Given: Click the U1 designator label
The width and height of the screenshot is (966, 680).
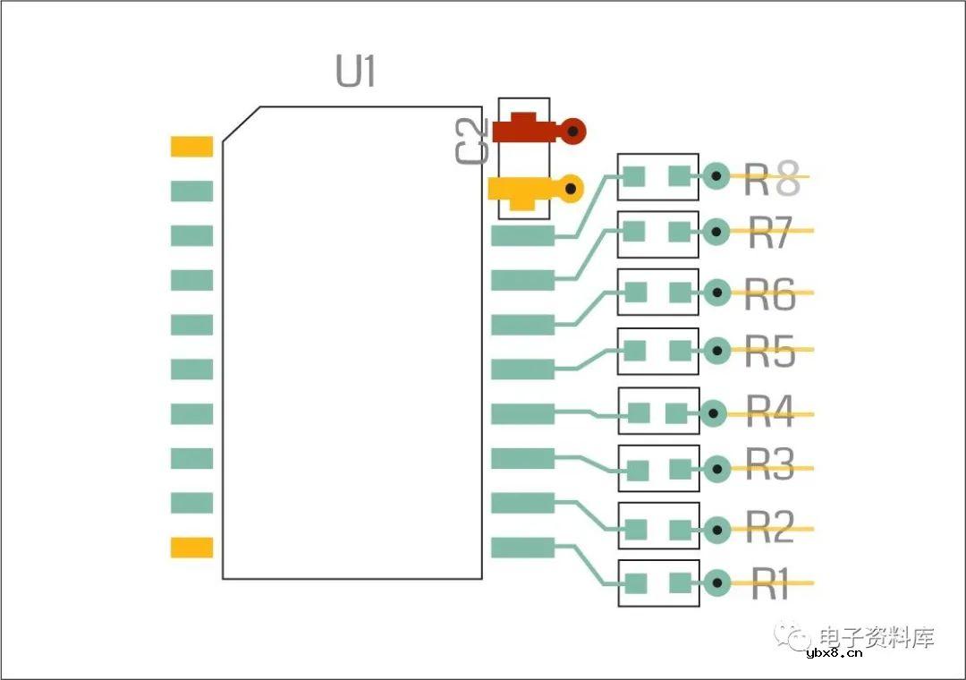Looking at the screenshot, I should [356, 72].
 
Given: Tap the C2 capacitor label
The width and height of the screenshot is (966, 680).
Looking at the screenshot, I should [472, 141].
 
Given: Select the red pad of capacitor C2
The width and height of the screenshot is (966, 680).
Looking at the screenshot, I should [523, 131].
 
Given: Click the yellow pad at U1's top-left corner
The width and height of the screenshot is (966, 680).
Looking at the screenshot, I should [191, 147].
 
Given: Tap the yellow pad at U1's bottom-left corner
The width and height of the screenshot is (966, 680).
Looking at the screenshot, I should [191, 548].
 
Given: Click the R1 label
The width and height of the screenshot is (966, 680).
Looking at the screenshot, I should [769, 587].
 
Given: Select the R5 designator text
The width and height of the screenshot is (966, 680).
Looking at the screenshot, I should [770, 353].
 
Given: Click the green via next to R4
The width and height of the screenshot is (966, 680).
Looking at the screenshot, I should [714, 412].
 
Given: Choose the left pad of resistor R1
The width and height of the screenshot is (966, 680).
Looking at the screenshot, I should [636, 583].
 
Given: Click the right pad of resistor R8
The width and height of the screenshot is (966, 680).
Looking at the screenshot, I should [682, 176].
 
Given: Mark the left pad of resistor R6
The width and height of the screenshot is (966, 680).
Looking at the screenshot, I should [636, 293].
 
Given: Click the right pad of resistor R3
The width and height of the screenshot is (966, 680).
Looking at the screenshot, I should [681, 469].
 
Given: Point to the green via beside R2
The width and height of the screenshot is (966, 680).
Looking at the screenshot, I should [715, 530].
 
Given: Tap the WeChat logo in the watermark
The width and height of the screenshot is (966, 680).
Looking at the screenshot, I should [791, 635].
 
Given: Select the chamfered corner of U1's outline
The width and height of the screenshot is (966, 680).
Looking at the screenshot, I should [241, 123].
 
